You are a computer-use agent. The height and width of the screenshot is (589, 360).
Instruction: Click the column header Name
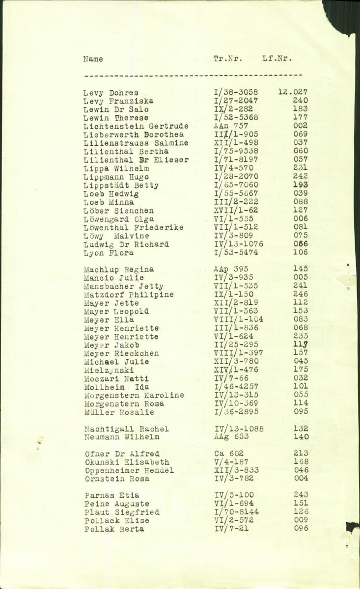point(93,59)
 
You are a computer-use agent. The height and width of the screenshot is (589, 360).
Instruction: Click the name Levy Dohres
point(111,93)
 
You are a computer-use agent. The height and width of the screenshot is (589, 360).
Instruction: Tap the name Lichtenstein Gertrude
point(136,126)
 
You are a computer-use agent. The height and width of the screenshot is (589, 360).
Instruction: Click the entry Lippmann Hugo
point(116,177)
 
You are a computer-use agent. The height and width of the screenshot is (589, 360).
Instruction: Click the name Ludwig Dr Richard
point(126,244)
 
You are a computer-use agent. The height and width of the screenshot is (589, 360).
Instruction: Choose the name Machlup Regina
point(119,269)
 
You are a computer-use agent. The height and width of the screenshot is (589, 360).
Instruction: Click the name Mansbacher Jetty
point(123,286)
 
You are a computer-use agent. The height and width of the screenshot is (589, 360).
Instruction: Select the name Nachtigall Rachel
point(126,429)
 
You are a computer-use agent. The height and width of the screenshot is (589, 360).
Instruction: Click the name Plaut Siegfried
point(121,512)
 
